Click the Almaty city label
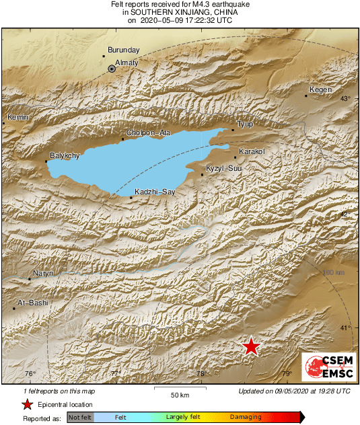(x=127, y=63)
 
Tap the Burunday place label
(x=123, y=50)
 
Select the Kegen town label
(x=321, y=90)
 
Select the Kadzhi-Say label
(x=155, y=192)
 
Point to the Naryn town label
(x=44, y=273)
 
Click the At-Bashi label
(x=33, y=303)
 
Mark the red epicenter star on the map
(x=251, y=346)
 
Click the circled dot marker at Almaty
(x=112, y=68)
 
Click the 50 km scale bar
(x=178, y=388)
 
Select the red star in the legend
(x=27, y=404)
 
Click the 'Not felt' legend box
(x=80, y=417)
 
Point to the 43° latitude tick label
(x=345, y=99)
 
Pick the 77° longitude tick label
(x=116, y=374)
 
